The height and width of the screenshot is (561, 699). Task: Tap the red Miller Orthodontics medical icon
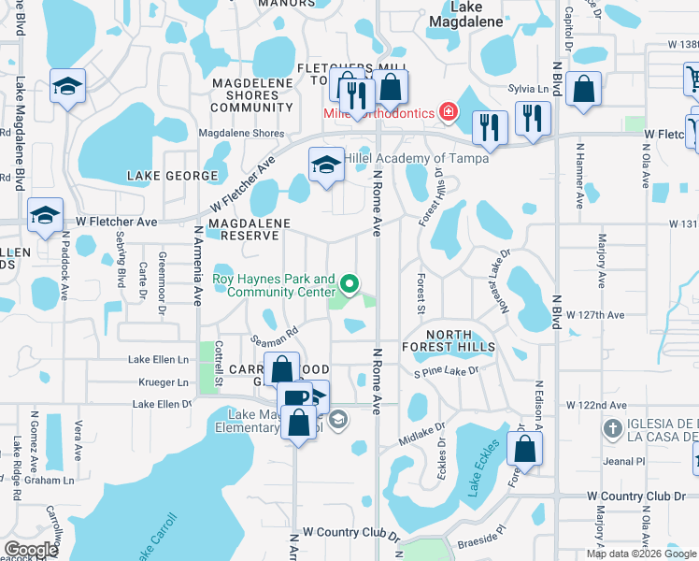point(449,112)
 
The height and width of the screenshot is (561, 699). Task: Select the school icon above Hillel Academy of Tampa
point(324,165)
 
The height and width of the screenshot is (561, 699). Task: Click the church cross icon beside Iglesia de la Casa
point(612,429)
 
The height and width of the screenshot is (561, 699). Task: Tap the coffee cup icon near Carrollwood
point(294,396)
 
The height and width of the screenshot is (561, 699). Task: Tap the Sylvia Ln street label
point(528,88)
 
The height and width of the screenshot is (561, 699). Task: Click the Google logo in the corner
point(32,550)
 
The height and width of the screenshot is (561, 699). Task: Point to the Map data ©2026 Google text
point(640,554)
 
